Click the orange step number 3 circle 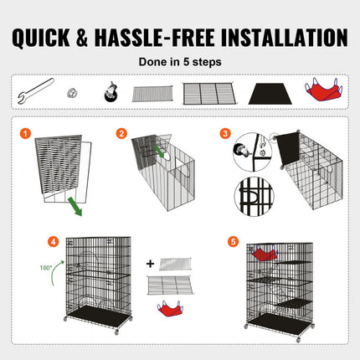pos(226,132)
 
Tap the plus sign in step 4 pos(150,263)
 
